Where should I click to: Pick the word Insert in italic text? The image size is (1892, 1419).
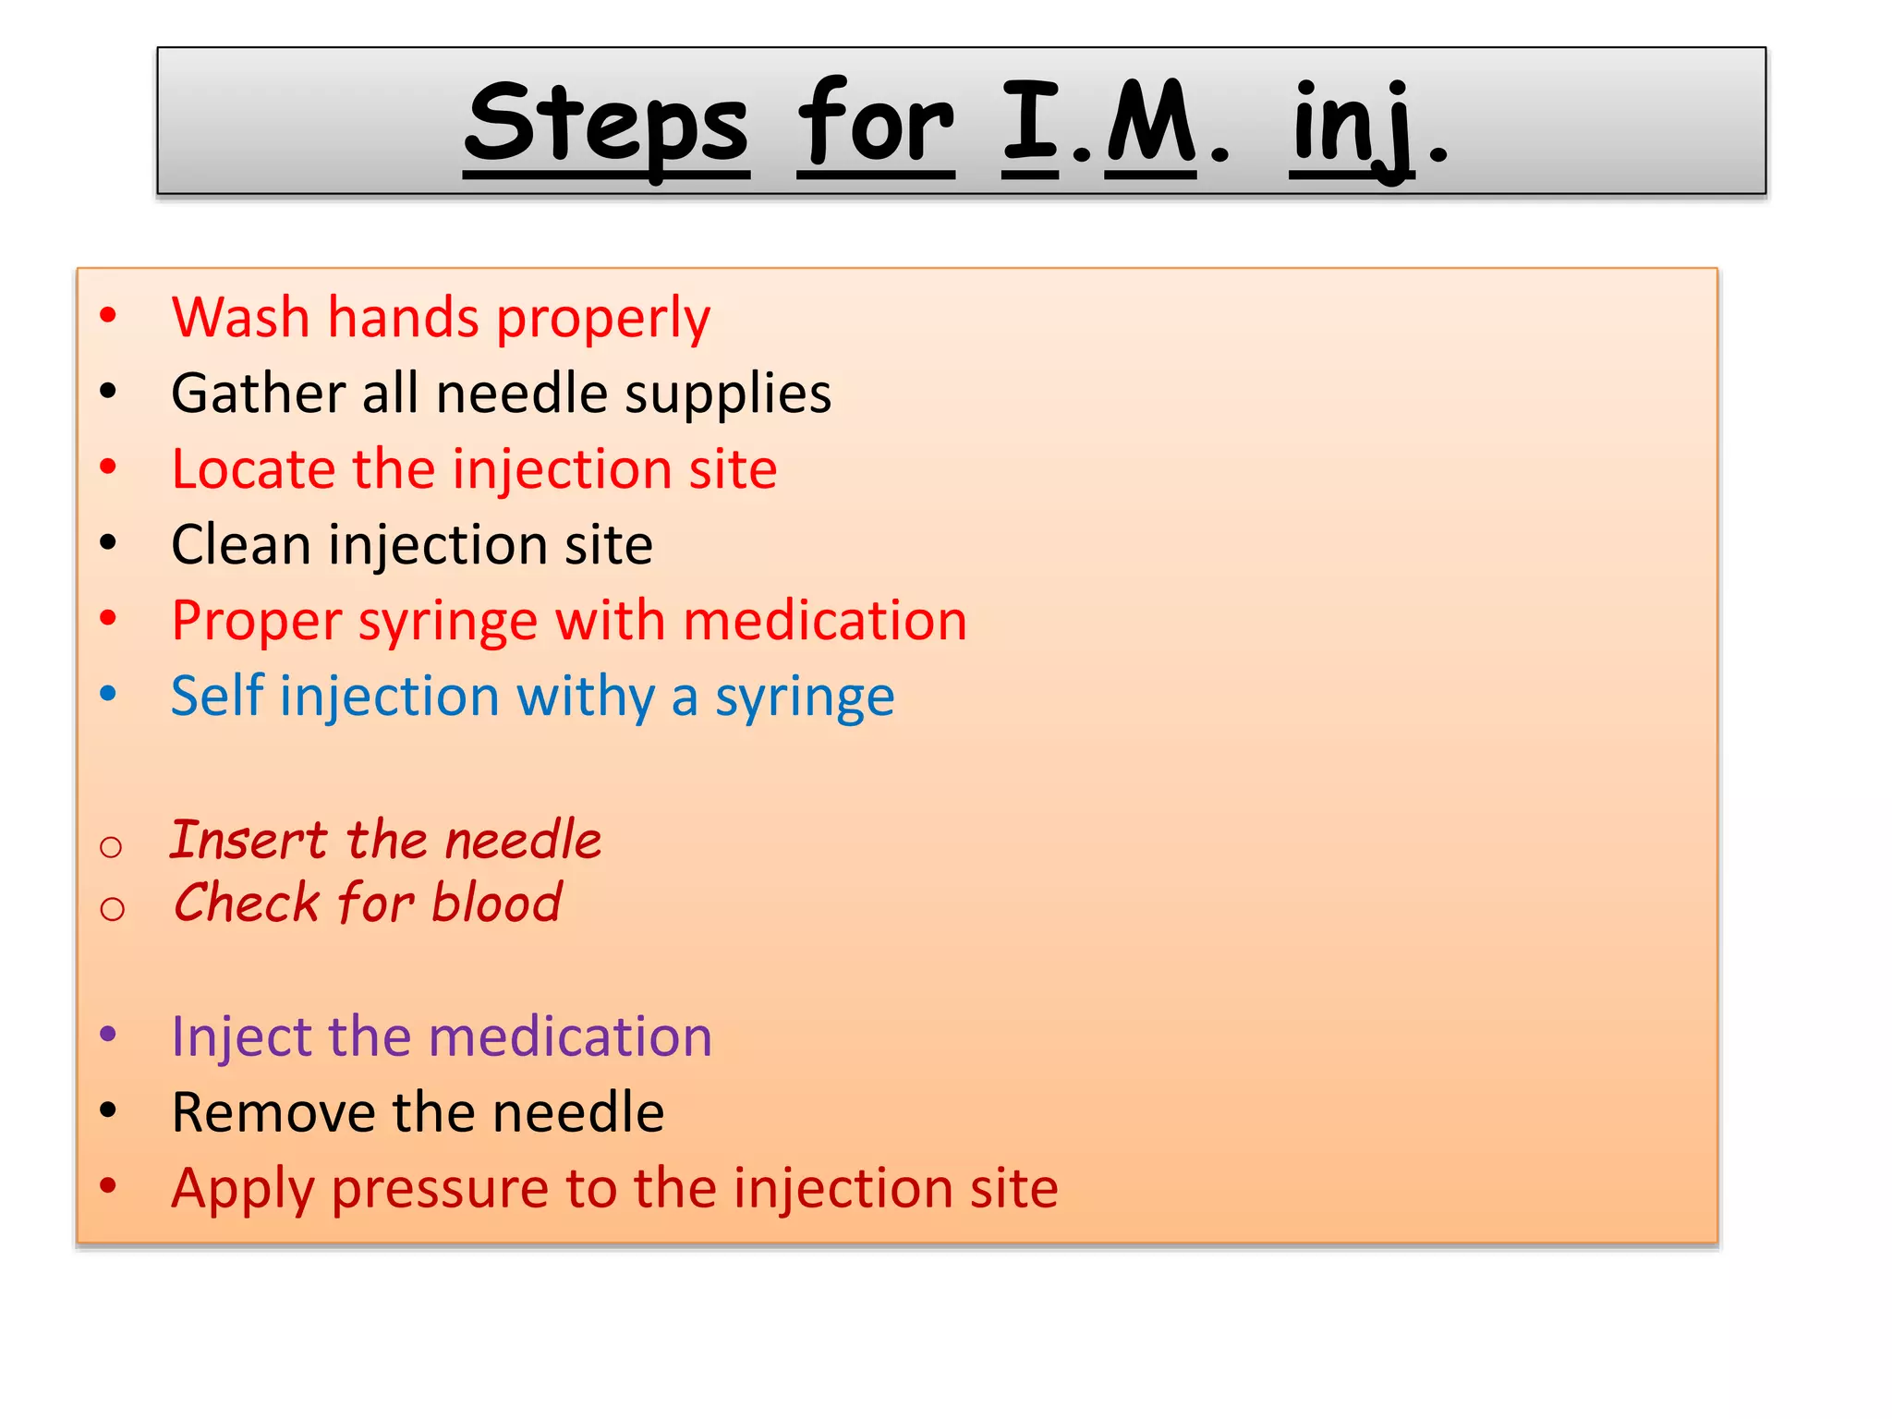(x=249, y=841)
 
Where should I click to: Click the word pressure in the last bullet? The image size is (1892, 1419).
(x=442, y=1190)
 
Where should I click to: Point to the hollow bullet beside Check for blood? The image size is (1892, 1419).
(x=112, y=909)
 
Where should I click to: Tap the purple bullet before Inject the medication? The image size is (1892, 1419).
(x=108, y=1033)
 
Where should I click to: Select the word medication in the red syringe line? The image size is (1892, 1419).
(x=825, y=621)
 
